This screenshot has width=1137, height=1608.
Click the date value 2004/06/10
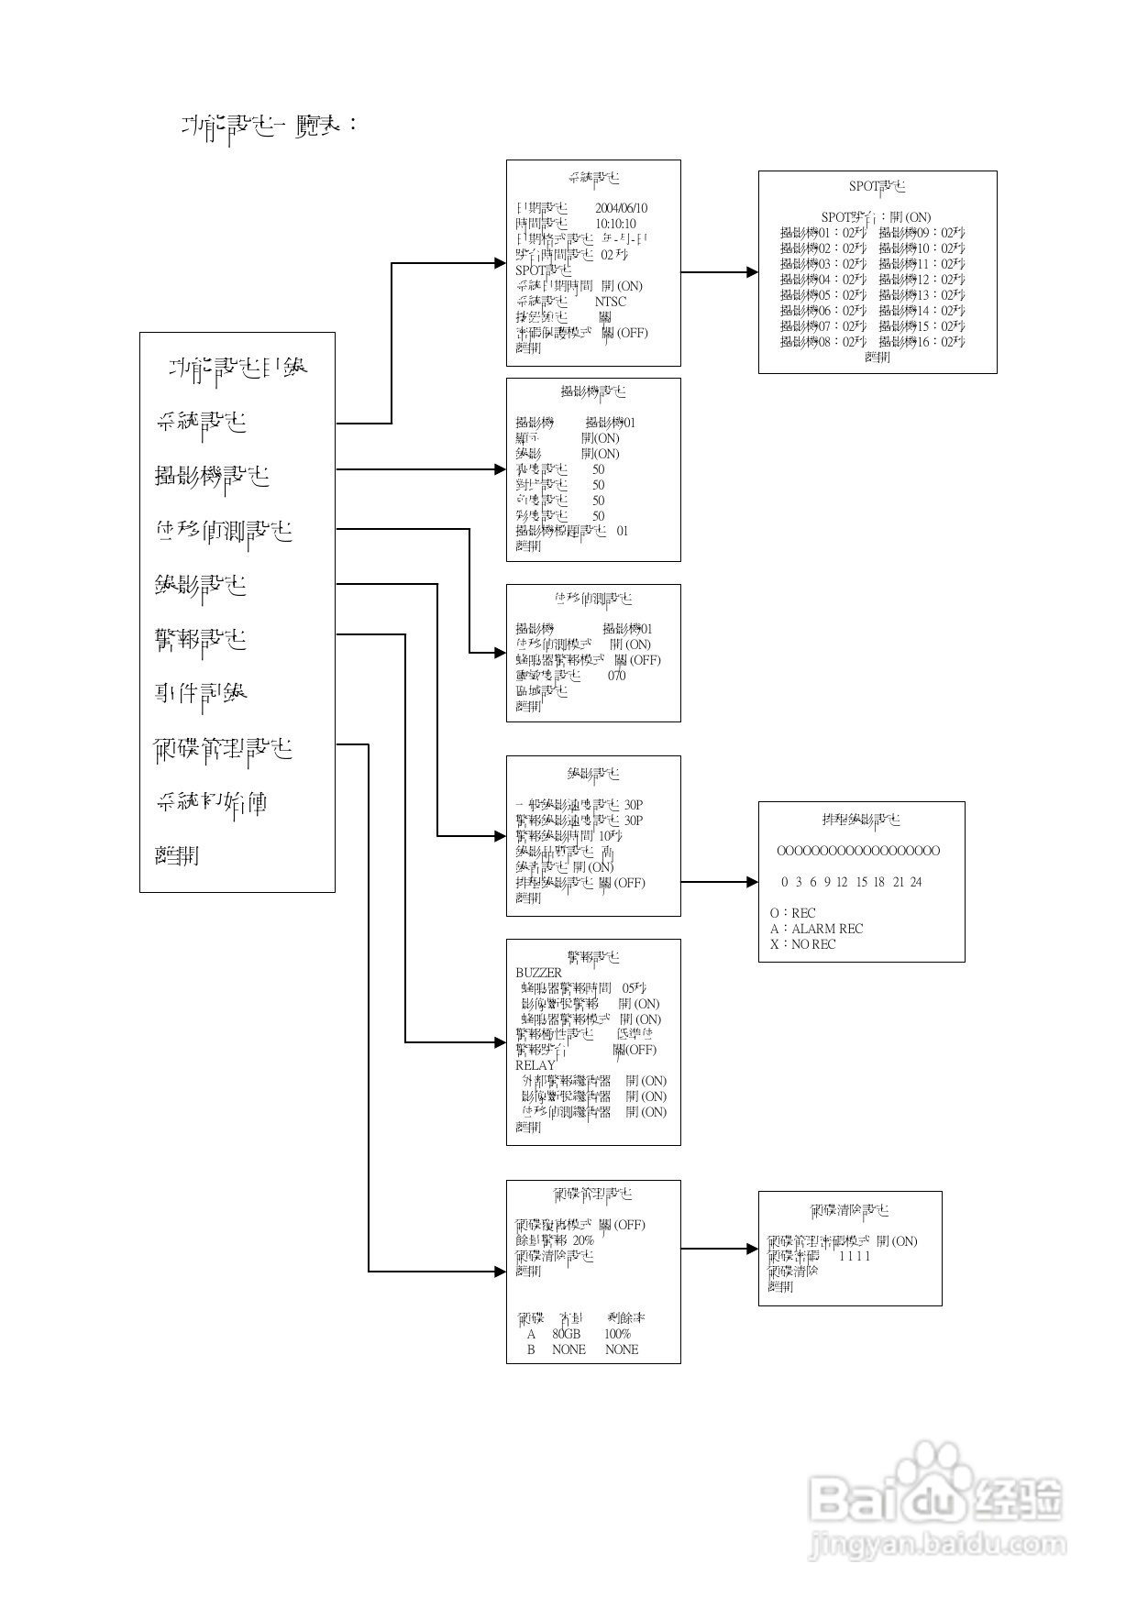point(621,208)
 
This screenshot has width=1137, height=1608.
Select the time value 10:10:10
point(615,224)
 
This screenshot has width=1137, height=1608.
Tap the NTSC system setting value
point(610,302)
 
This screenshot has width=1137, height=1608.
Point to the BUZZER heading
point(538,973)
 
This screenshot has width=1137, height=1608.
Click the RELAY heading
point(535,1065)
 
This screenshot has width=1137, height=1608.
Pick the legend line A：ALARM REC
point(816,929)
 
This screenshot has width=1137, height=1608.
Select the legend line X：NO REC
point(802,944)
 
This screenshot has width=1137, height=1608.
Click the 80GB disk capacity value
point(567,1334)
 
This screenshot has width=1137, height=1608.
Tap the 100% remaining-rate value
point(617,1334)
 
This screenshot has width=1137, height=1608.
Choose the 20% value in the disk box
point(583,1240)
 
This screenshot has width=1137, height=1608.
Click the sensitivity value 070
point(616,676)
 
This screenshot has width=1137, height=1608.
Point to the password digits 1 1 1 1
point(855,1256)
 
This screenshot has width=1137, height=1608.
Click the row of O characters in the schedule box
point(858,851)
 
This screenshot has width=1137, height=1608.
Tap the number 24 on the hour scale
point(915,882)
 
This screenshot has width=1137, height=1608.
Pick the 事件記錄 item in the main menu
point(201,694)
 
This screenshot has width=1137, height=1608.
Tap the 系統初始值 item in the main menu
point(211,803)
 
